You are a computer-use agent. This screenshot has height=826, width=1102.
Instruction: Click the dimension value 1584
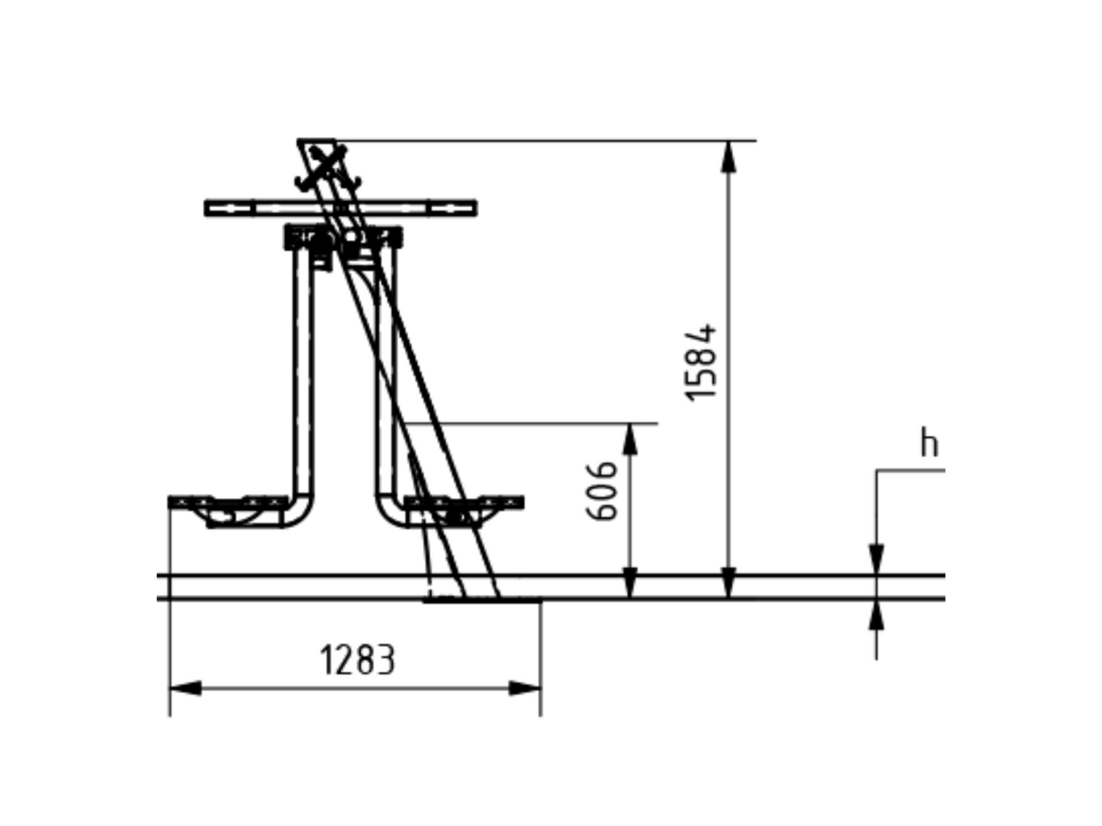(701, 363)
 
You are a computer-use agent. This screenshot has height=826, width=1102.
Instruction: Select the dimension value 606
(601, 491)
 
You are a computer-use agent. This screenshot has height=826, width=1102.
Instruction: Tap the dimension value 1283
(358, 660)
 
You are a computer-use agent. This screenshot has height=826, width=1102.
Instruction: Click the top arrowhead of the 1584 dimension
(728, 156)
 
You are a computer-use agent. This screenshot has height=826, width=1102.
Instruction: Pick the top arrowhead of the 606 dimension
(630, 440)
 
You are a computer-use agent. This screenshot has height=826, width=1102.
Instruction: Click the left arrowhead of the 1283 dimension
(186, 688)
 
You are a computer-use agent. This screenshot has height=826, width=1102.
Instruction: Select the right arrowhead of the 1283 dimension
(525, 688)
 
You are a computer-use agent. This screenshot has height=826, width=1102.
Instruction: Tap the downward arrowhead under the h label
(876, 559)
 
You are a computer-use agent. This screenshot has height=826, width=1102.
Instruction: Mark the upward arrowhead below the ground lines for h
(876, 615)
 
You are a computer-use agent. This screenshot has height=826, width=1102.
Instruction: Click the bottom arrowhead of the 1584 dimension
(728, 583)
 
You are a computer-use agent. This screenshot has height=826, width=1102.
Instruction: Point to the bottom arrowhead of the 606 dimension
(630, 583)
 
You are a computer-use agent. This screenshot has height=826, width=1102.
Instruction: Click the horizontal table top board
(340, 208)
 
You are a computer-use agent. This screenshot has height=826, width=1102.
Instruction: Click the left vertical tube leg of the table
(303, 371)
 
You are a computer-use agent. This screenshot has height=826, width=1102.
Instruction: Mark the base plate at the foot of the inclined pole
(482, 600)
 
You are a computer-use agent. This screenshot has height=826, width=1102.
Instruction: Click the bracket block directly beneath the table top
(343, 237)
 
